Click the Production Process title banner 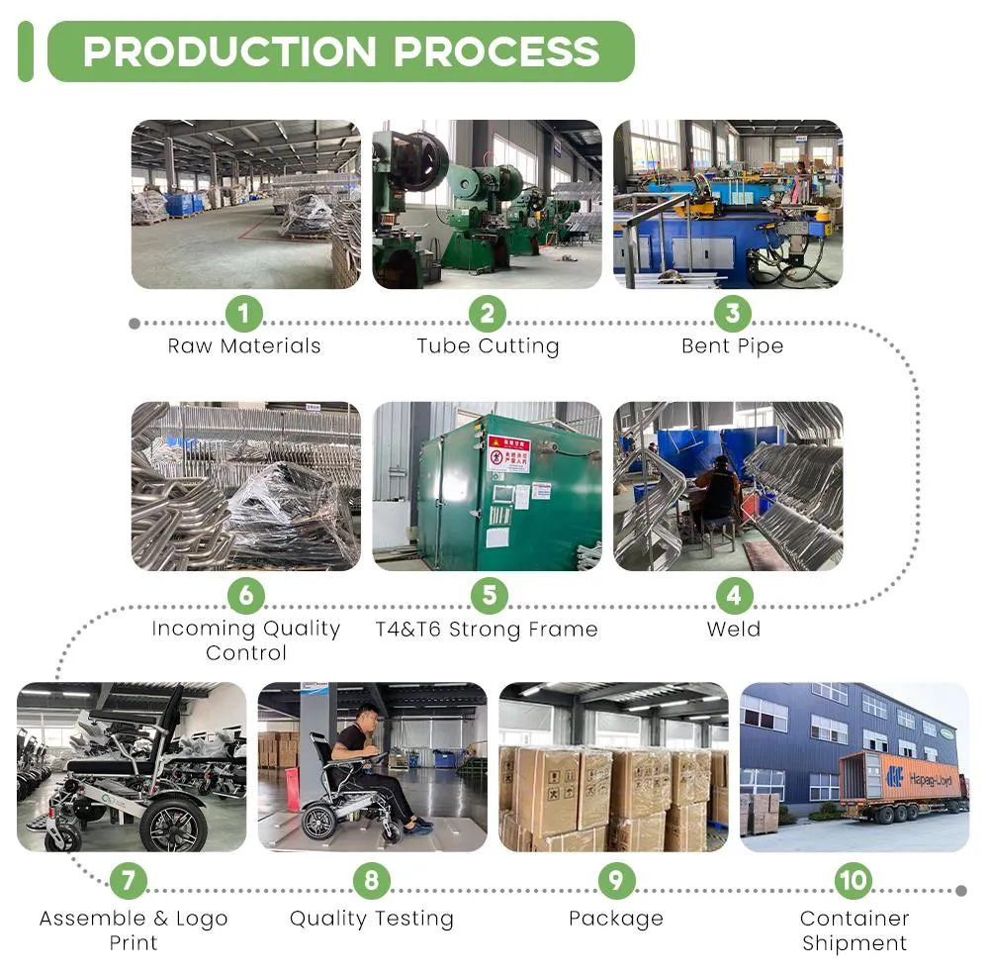pyautogui.click(x=340, y=51)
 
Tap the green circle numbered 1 pyautogui.click(x=244, y=314)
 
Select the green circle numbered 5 pyautogui.click(x=488, y=596)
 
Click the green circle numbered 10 pyautogui.click(x=853, y=879)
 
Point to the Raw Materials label pyautogui.click(x=244, y=346)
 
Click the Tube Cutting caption pyautogui.click(x=488, y=346)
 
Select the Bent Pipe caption pyautogui.click(x=732, y=346)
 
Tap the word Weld pyautogui.click(x=733, y=630)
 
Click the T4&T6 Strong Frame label pyautogui.click(x=487, y=630)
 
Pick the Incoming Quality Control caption pyautogui.click(x=245, y=640)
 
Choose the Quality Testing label pyautogui.click(x=372, y=919)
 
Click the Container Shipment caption pyautogui.click(x=854, y=930)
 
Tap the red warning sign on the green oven pyautogui.click(x=508, y=453)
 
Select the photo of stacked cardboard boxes pyautogui.click(x=613, y=767)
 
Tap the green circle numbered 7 pyautogui.click(x=129, y=879)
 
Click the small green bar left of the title pyautogui.click(x=26, y=51)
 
